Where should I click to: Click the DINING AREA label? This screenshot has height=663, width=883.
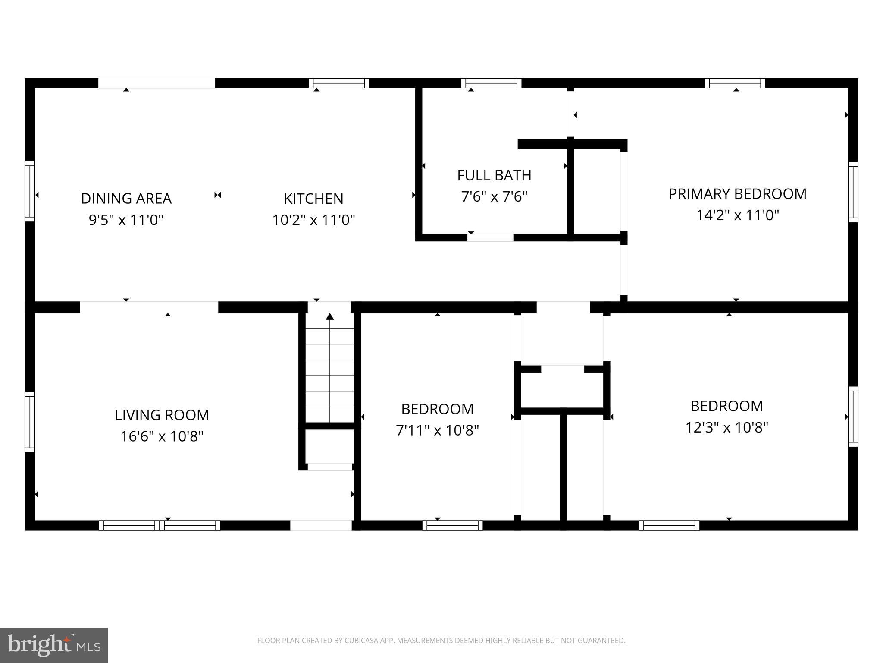(126, 199)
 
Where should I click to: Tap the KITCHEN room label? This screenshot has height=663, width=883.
(313, 199)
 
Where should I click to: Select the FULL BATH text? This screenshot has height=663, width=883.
(494, 175)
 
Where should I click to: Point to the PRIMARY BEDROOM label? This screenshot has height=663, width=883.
(737, 194)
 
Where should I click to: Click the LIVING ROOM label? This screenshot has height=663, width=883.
(162, 415)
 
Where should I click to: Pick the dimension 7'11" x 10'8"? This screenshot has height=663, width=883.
(437, 430)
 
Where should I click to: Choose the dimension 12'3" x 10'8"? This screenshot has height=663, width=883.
(727, 427)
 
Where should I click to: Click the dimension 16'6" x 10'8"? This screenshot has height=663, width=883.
(162, 436)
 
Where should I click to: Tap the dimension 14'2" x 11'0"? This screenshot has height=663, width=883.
(737, 215)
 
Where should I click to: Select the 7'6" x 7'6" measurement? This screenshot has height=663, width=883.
(494, 197)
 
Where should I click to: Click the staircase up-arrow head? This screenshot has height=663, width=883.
(330, 317)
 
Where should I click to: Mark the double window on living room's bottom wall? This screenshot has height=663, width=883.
(160, 525)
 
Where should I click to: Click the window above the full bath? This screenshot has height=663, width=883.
(491, 83)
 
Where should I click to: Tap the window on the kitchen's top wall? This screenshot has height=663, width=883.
(338, 83)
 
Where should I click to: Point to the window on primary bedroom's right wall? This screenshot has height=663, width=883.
(853, 192)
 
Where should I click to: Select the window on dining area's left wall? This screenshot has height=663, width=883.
(29, 191)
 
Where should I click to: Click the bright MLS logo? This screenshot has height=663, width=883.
(53, 645)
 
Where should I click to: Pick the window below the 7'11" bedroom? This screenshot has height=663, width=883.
(452, 525)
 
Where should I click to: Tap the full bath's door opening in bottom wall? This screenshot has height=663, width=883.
(491, 237)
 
